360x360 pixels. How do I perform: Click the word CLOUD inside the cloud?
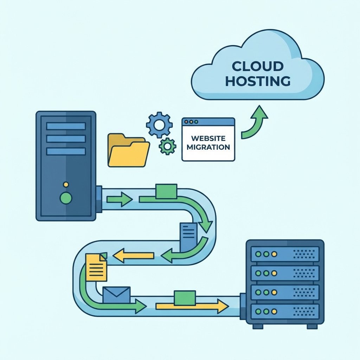(258, 66)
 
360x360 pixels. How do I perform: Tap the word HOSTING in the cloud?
(258, 81)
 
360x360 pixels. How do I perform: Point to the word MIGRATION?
(208, 147)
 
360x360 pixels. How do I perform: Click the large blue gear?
(159, 124)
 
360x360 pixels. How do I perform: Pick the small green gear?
(167, 146)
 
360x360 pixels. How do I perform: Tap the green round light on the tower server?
(66, 198)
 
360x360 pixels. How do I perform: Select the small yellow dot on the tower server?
(66, 184)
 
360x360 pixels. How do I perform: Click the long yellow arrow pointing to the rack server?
(192, 306)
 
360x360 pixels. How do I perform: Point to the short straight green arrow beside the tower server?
(119, 200)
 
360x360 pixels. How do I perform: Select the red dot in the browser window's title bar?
(186, 122)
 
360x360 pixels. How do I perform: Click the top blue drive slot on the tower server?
(66, 126)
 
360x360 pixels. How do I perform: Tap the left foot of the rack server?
(258, 326)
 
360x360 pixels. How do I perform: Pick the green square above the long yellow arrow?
(185, 298)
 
